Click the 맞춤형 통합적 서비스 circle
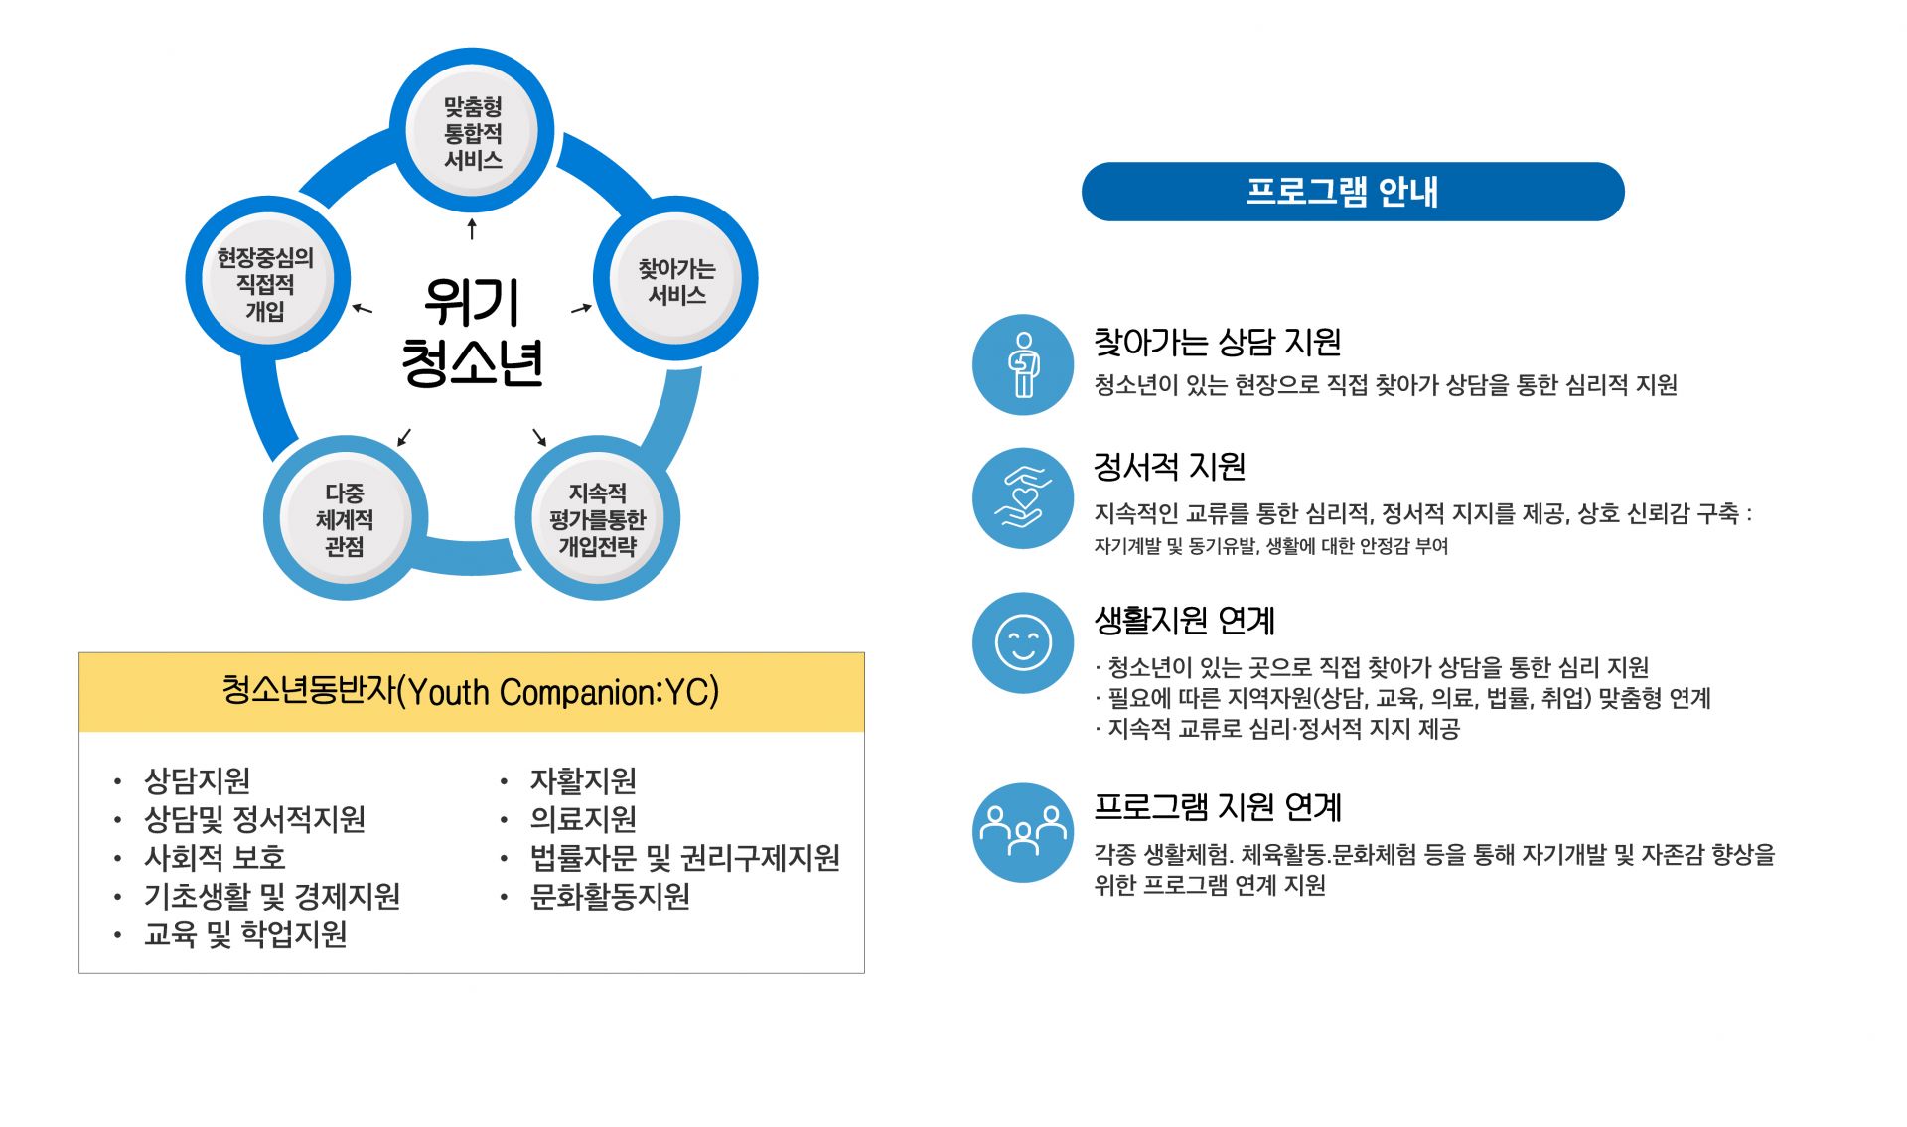tap(472, 132)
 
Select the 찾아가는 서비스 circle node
tap(675, 281)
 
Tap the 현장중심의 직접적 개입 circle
tap(266, 283)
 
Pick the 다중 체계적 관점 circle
tap(345, 519)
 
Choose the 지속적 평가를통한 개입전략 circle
tap(597, 519)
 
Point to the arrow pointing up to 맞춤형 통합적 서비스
tap(472, 229)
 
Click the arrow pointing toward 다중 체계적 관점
tap(404, 437)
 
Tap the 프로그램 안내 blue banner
tap(1352, 192)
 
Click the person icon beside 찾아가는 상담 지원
tap(1023, 364)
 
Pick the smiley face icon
tap(1023, 642)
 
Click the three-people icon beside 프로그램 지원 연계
tap(1023, 832)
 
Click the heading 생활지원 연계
tap(1184, 621)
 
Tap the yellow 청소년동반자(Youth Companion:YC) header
tap(471, 692)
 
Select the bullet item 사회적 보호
tap(215, 857)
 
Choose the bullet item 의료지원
tap(583, 819)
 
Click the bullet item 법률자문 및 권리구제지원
tap(684, 857)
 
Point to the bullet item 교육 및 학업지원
tap(245, 934)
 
